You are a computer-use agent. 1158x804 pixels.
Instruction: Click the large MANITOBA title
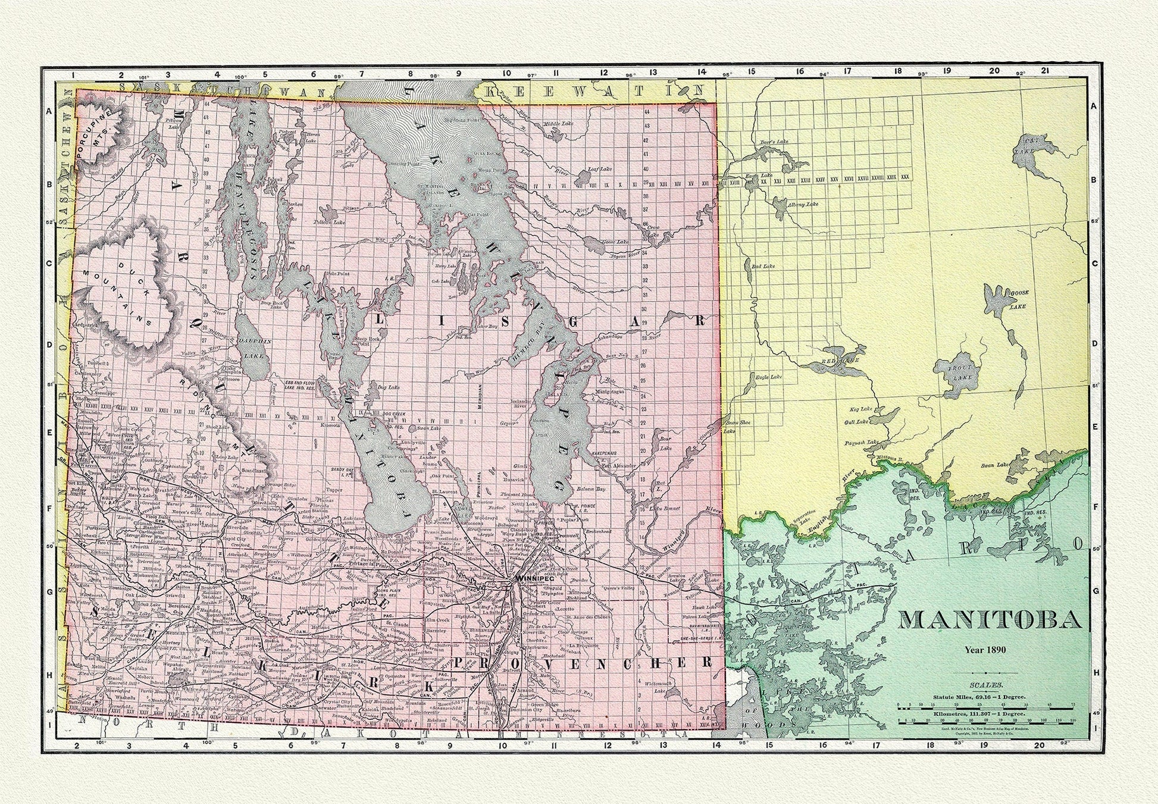pyautogui.click(x=989, y=620)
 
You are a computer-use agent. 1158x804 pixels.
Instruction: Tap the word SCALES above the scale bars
pyautogui.click(x=989, y=686)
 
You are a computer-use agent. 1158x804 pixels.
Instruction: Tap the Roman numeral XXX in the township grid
pyautogui.click(x=905, y=177)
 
